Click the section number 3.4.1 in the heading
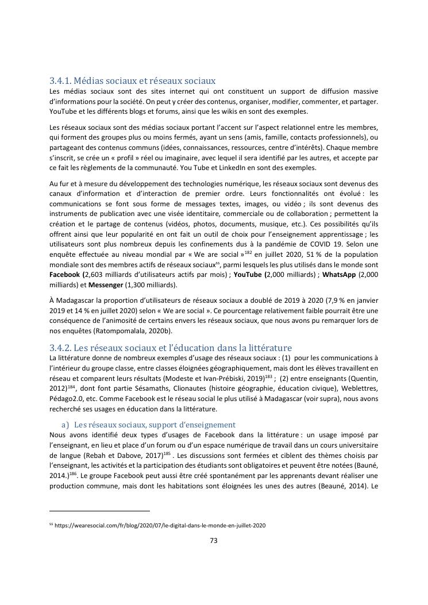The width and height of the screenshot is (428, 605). tap(60, 81)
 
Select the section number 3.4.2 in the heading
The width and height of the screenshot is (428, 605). tap(60, 348)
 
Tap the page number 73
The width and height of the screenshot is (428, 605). tap(213, 540)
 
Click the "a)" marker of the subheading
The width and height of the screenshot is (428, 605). tap(65, 425)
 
